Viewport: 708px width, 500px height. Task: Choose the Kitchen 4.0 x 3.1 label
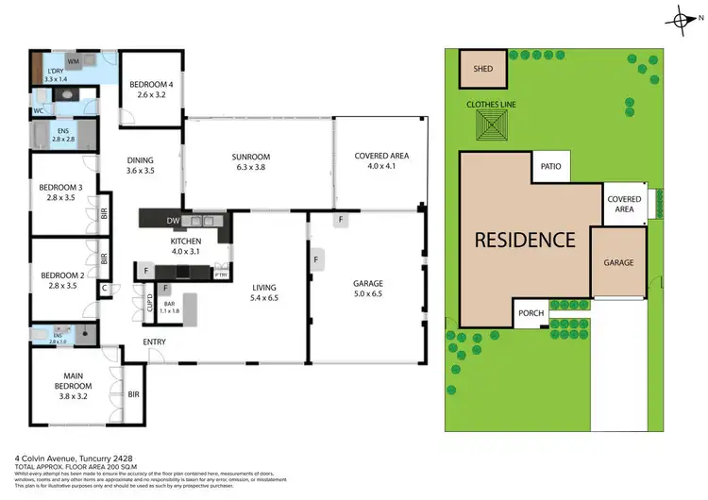click(x=178, y=248)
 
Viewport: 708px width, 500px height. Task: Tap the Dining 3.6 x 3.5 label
click(x=140, y=165)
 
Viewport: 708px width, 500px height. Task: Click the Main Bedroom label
click(x=73, y=381)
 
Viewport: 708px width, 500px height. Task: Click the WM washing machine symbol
click(x=73, y=61)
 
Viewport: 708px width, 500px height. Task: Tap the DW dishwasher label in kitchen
click(x=173, y=221)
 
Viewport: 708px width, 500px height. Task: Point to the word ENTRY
click(x=155, y=342)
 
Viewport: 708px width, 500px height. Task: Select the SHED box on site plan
click(x=482, y=67)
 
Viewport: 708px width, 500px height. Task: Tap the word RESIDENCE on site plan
click(x=524, y=240)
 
